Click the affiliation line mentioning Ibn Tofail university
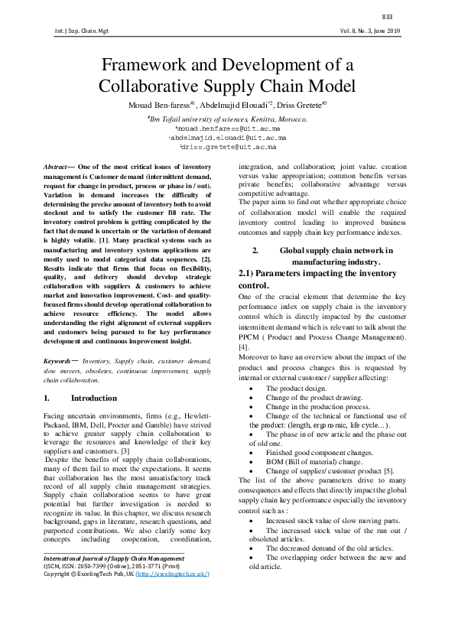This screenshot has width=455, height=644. pyautogui.click(x=227, y=120)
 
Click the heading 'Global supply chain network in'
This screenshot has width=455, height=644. pyautogui.click(x=336, y=250)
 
